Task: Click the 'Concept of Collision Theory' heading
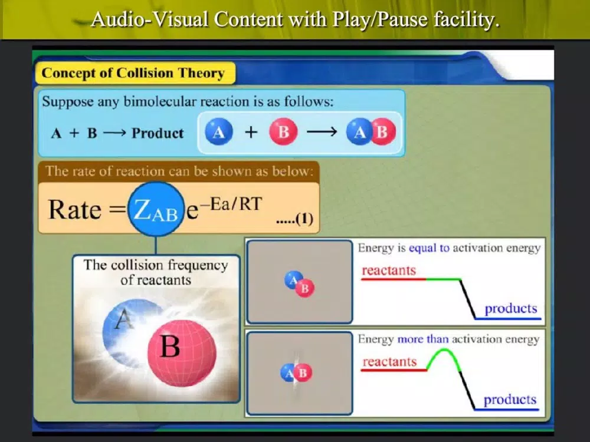click(133, 72)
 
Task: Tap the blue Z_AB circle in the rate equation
click(156, 209)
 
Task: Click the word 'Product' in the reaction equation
click(158, 133)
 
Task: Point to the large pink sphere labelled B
click(182, 353)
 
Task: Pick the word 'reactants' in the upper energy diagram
click(389, 271)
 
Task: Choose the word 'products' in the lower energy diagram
click(510, 400)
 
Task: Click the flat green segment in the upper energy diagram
click(443, 279)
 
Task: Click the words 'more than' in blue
click(423, 339)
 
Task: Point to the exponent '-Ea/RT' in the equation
click(235, 204)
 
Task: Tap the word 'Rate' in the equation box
click(75, 209)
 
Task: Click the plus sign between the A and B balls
click(251, 132)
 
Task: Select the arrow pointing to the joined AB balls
click(322, 131)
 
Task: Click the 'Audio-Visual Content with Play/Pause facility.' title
click(296, 19)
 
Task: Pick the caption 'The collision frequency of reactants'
click(156, 272)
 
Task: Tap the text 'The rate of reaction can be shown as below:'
click(179, 171)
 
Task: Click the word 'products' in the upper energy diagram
click(510, 309)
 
